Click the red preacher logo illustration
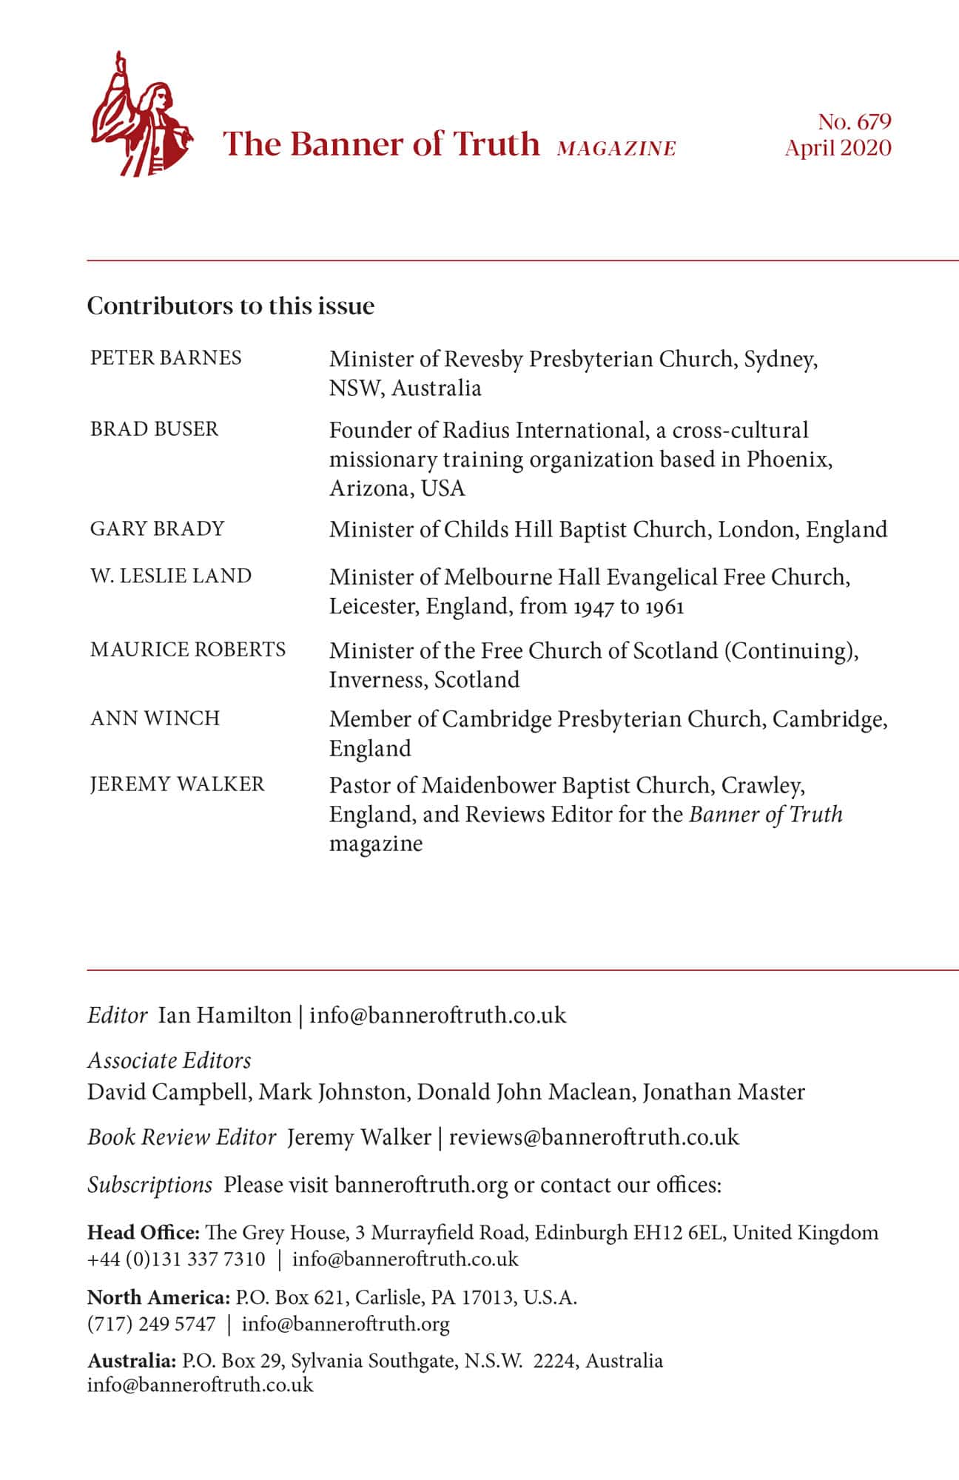pyautogui.click(x=141, y=115)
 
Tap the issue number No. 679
pyautogui.click(x=854, y=121)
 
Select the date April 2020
pyautogui.click(x=838, y=148)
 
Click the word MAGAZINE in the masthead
pyautogui.click(x=616, y=149)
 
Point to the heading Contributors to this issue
pyautogui.click(x=231, y=306)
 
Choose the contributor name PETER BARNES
pyautogui.click(x=166, y=358)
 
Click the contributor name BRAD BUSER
pyautogui.click(x=154, y=429)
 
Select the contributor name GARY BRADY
pyautogui.click(x=157, y=528)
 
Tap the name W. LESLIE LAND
pyautogui.click(x=171, y=576)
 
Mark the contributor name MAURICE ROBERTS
pyautogui.click(x=188, y=650)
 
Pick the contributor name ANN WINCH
pyautogui.click(x=155, y=719)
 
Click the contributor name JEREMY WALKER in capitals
pyautogui.click(x=177, y=784)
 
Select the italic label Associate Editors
pyautogui.click(x=169, y=1060)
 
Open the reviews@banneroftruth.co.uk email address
pyautogui.click(x=593, y=1137)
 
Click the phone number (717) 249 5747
pyautogui.click(x=152, y=1324)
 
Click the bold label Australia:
pyautogui.click(x=132, y=1360)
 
